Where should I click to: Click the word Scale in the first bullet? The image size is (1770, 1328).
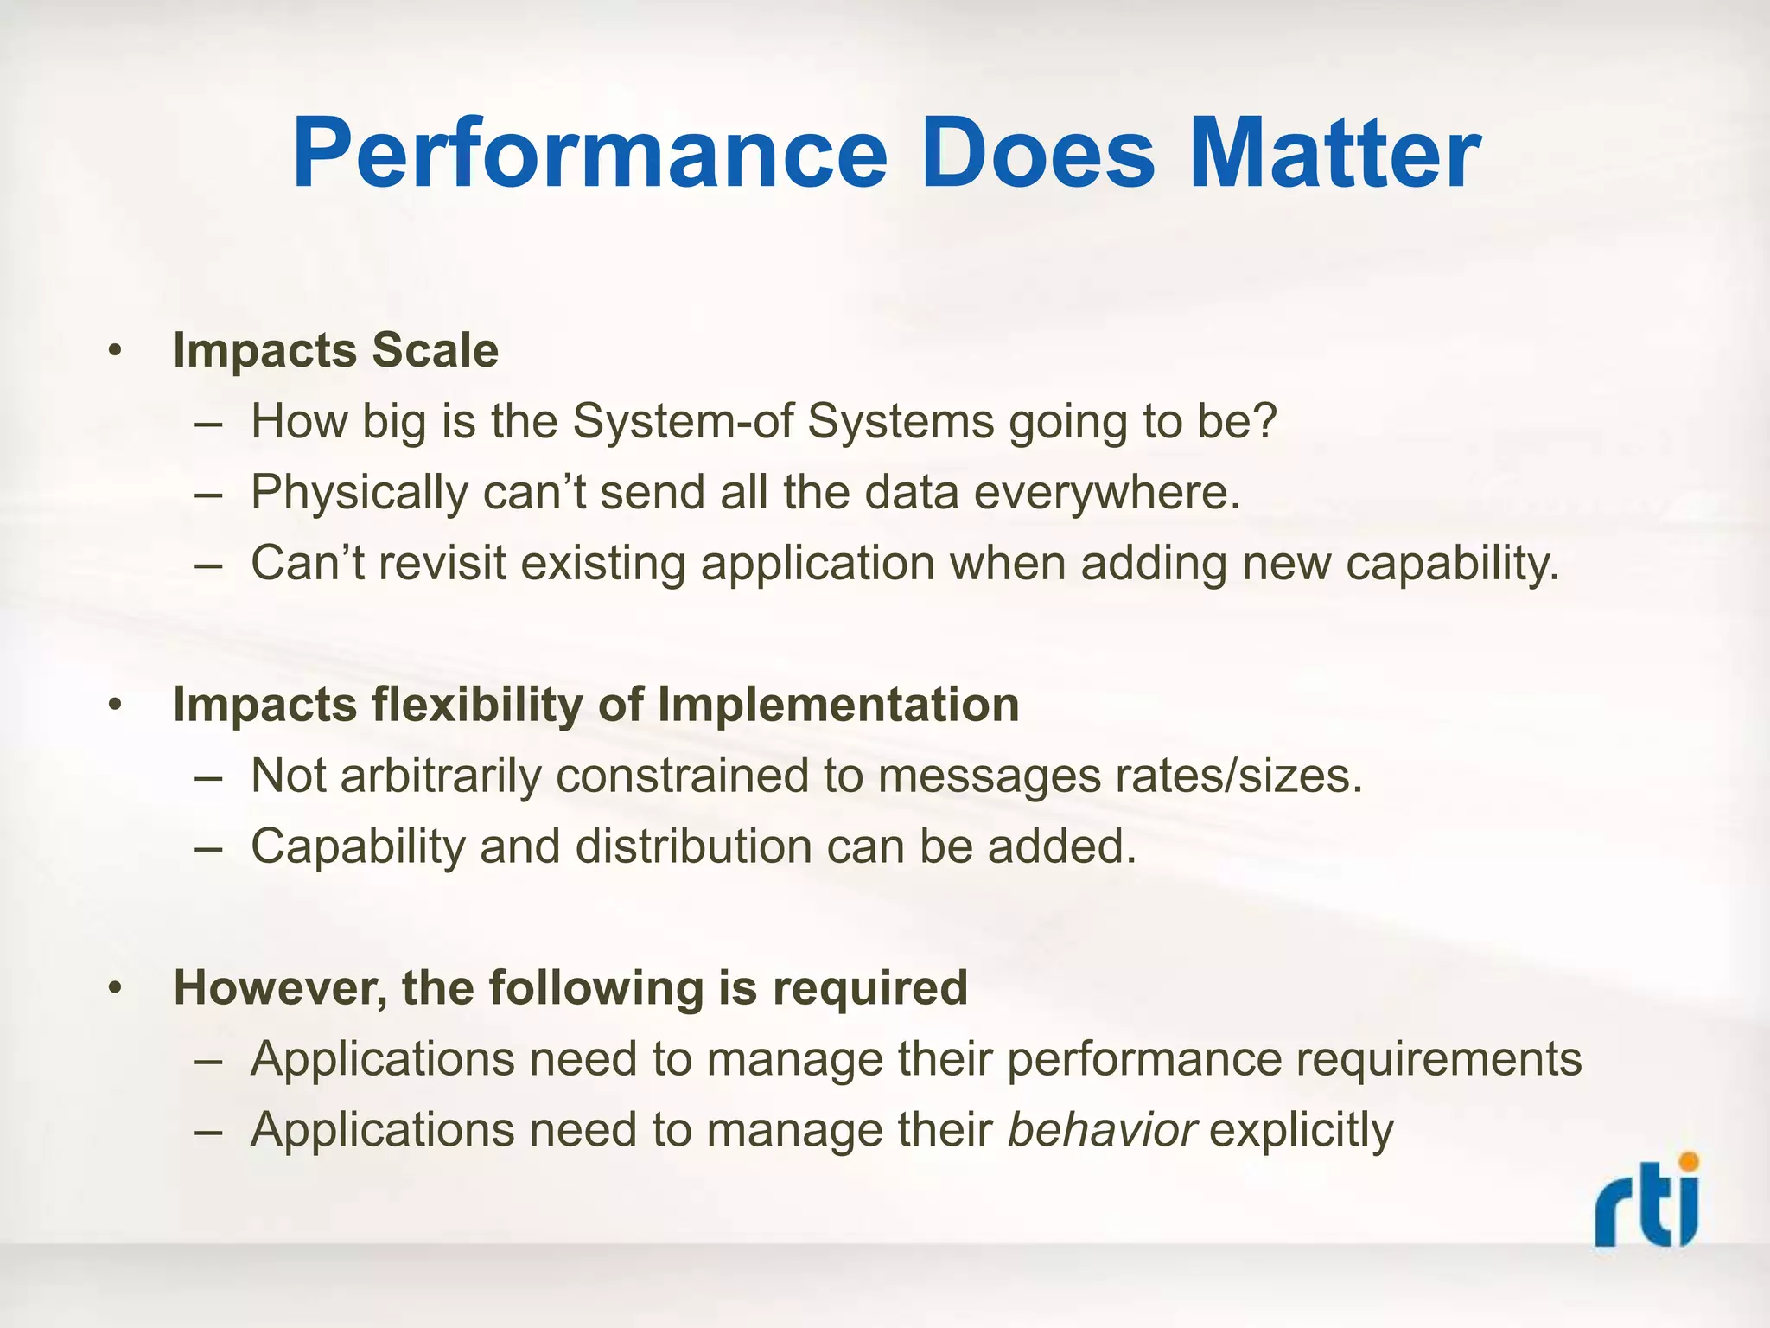click(435, 351)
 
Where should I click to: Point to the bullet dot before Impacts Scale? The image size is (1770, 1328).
click(115, 353)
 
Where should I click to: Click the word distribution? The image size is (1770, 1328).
click(693, 846)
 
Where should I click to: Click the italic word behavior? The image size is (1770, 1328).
click(1103, 1129)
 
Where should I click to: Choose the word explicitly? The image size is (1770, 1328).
click(1302, 1131)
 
